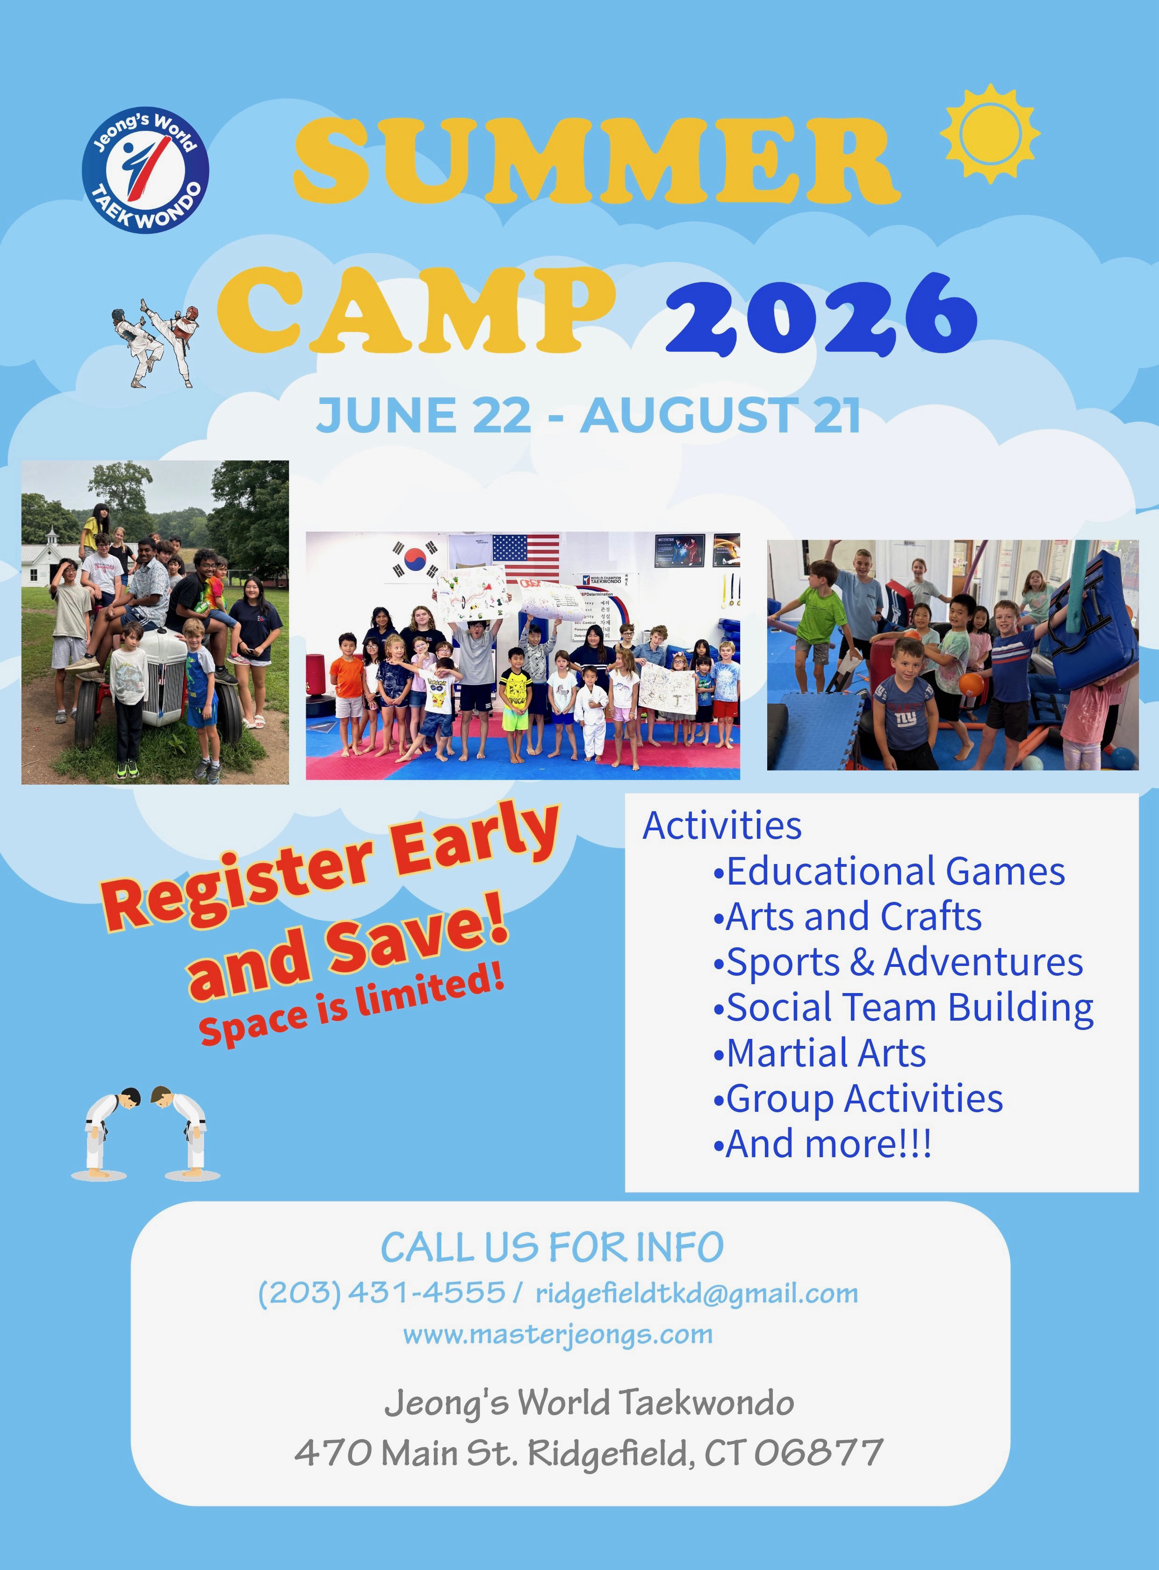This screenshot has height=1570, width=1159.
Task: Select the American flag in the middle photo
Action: [x=526, y=555]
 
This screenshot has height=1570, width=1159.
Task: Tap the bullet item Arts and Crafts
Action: [x=848, y=916]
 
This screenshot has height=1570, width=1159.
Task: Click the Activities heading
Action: [x=722, y=825]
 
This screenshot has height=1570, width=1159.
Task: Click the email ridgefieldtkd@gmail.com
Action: [x=697, y=1294]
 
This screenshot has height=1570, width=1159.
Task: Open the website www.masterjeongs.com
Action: [x=558, y=1334]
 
